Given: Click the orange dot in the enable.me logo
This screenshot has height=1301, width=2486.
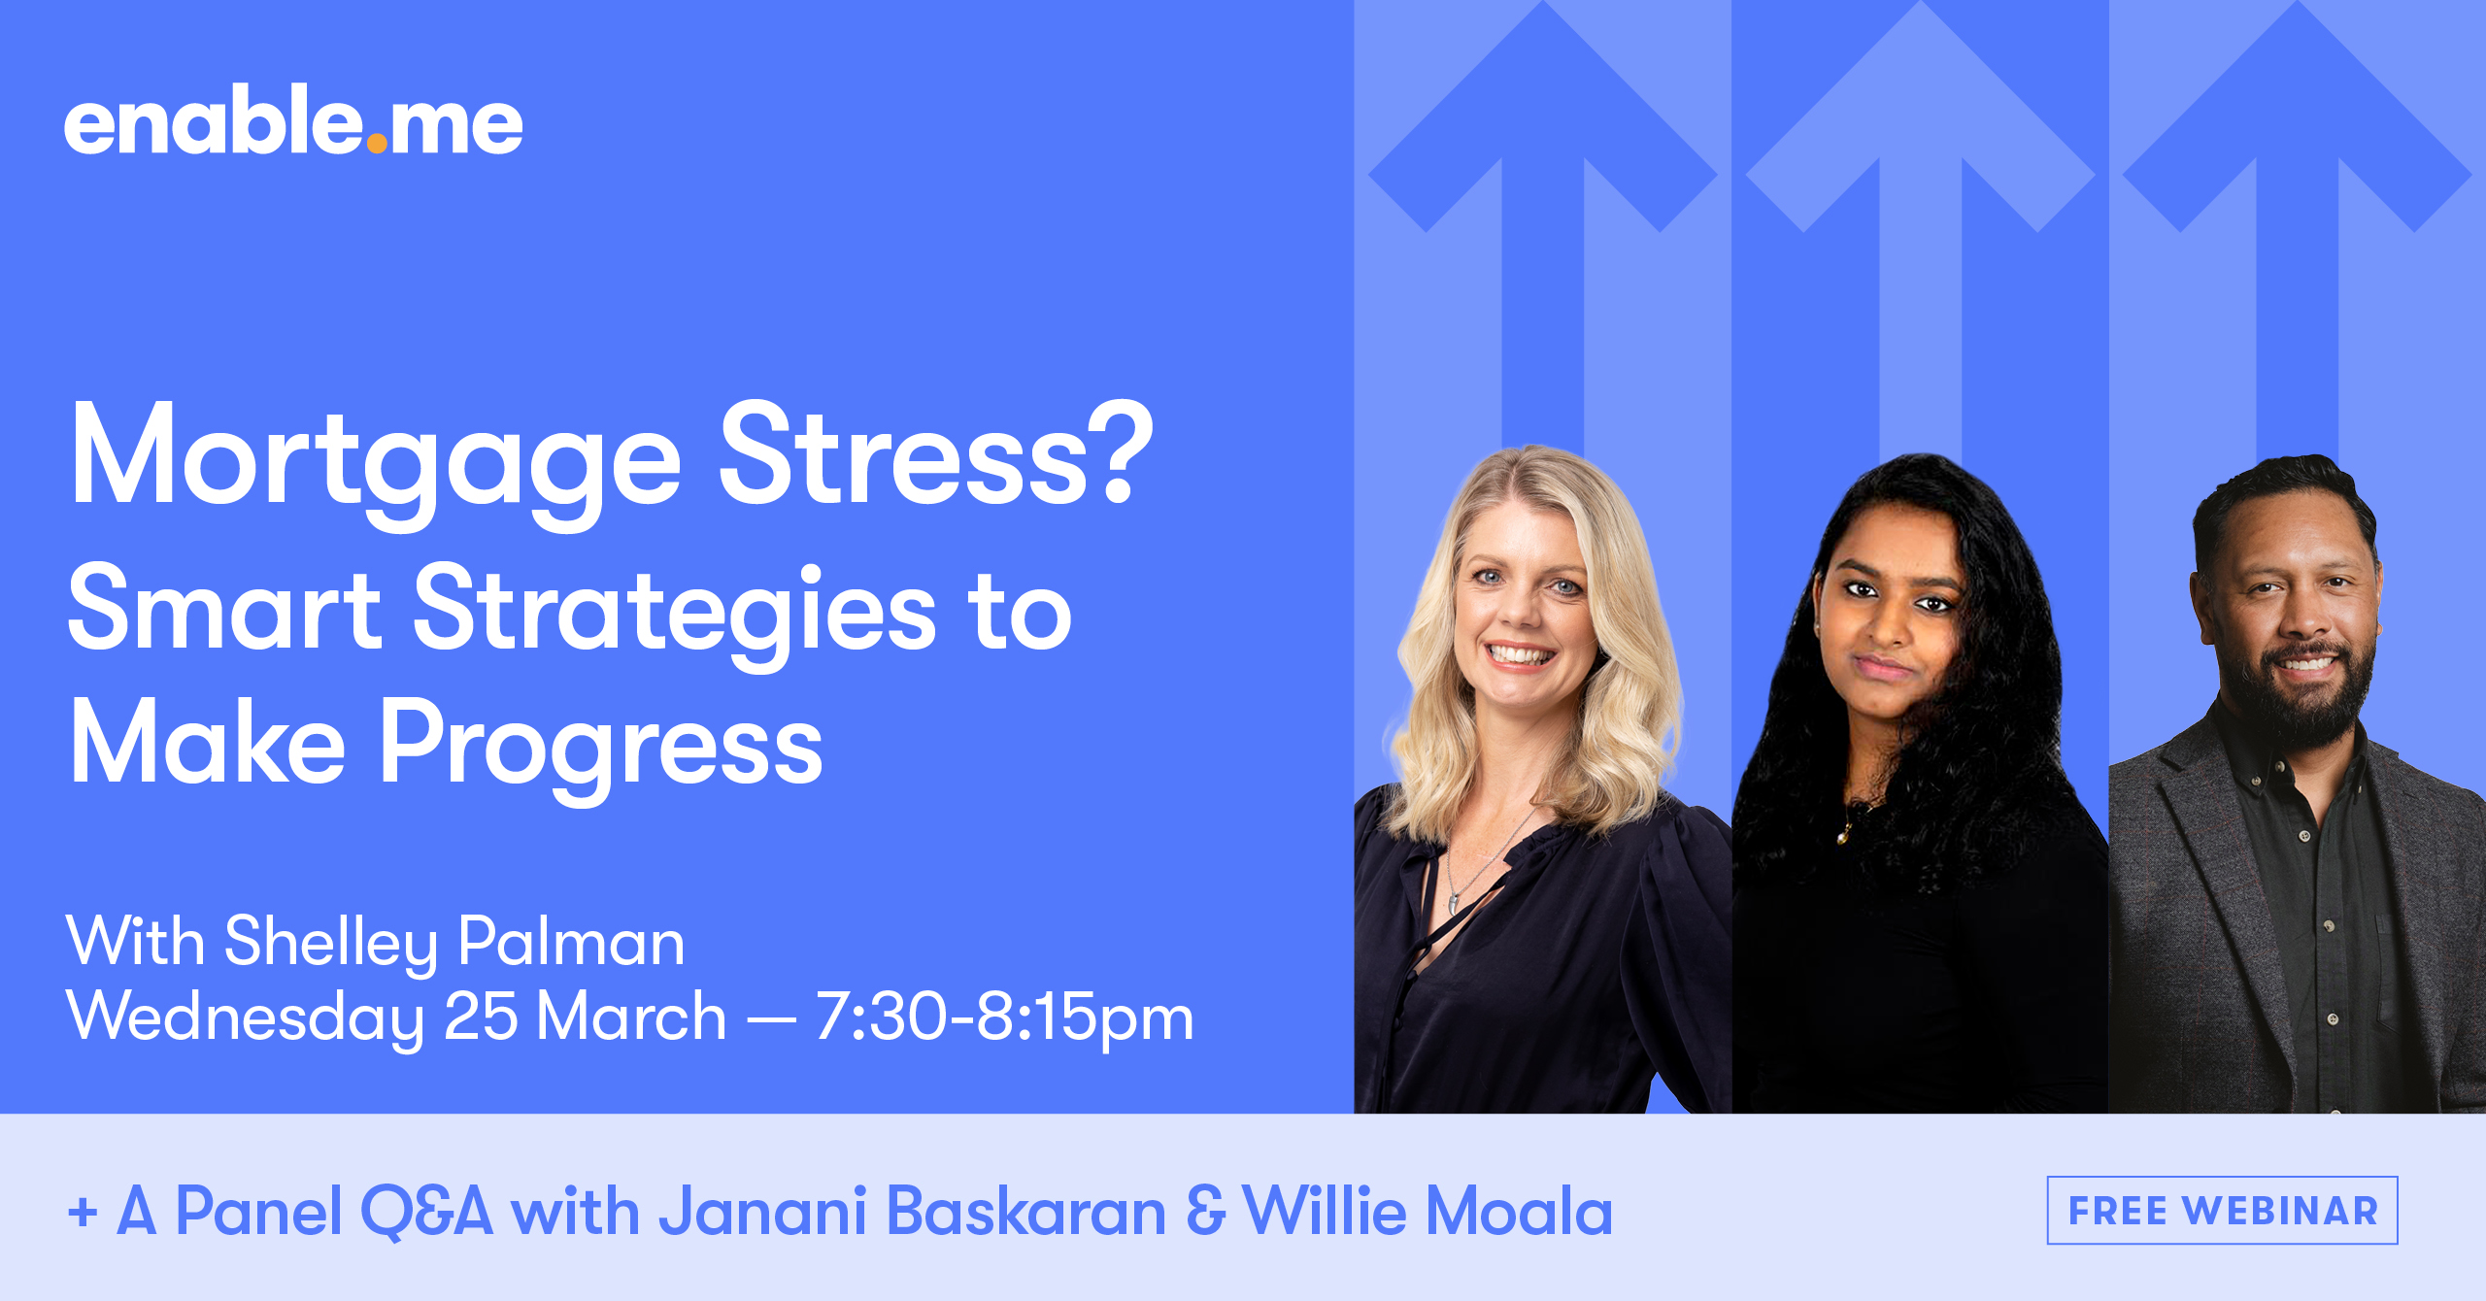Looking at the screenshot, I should tap(377, 144).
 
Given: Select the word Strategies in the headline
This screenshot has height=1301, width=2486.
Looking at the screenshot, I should tap(675, 612).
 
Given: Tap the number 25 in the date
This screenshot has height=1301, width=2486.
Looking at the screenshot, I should tap(480, 1017).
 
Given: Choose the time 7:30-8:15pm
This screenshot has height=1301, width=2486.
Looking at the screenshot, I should tap(1004, 1017).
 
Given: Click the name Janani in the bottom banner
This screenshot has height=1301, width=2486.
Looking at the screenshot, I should tap(762, 1212).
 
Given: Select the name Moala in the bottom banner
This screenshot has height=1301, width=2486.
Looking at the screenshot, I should tap(1519, 1212).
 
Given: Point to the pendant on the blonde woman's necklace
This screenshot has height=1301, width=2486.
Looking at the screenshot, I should tap(1453, 904).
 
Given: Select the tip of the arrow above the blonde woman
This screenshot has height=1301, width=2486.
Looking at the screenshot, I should tap(1543, 8).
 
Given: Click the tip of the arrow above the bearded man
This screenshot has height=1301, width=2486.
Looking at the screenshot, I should tap(2298, 8).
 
